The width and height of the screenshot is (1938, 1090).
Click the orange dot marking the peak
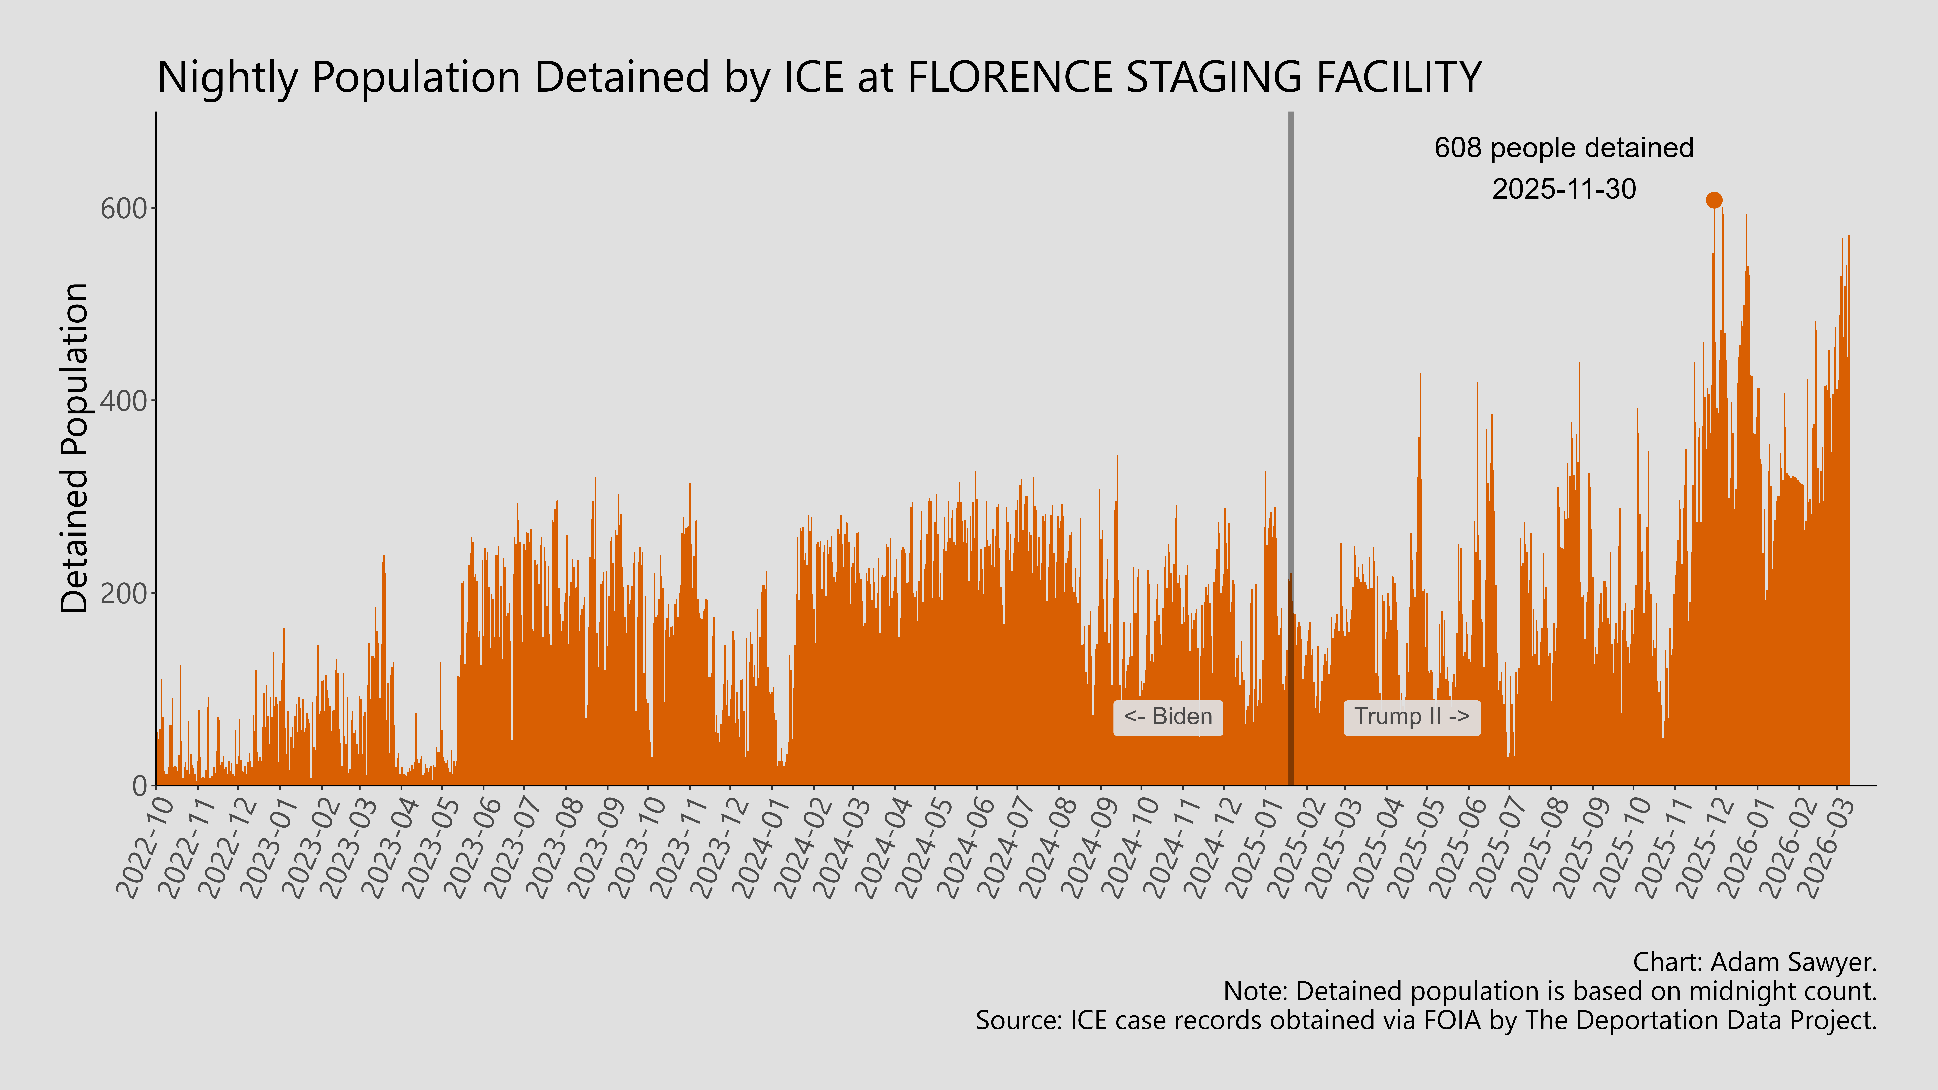[1714, 199]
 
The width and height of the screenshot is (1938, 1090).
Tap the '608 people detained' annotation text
[1563, 148]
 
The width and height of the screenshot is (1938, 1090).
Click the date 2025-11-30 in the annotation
[1563, 189]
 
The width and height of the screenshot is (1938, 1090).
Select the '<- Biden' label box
[1168, 717]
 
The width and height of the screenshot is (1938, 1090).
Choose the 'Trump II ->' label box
[1411, 717]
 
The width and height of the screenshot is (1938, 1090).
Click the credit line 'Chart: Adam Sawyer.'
[1754, 962]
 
